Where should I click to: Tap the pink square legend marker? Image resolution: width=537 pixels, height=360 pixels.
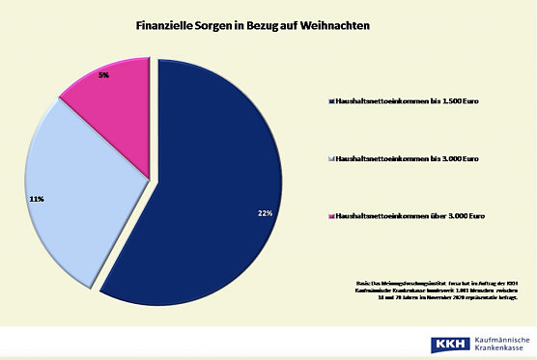point(331,216)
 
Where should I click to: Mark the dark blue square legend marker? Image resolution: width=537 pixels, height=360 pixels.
point(331,100)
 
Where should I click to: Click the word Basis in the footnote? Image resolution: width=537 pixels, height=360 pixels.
point(363,283)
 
